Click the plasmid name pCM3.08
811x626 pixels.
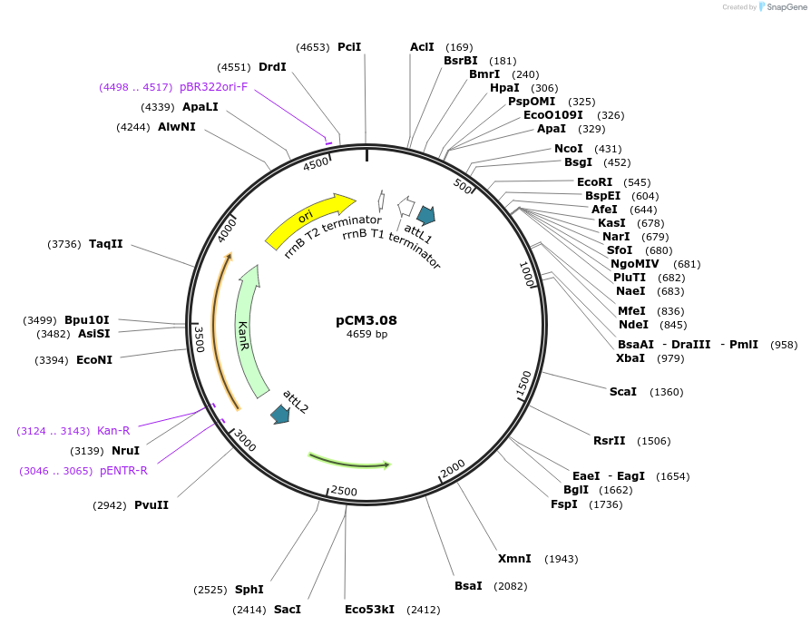pyautogui.click(x=366, y=320)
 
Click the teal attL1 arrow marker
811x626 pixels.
pyautogui.click(x=425, y=214)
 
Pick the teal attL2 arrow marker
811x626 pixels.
pyautogui.click(x=280, y=415)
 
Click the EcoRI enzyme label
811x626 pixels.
pyautogui.click(x=594, y=182)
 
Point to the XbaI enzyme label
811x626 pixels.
pyautogui.click(x=630, y=358)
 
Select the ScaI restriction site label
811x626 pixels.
pyautogui.click(x=623, y=392)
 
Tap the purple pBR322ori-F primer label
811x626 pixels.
pyautogui.click(x=213, y=87)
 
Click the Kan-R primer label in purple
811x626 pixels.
pyautogui.click(x=113, y=431)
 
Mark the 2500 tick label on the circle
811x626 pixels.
pyautogui.click(x=344, y=491)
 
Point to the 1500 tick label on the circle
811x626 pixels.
pyautogui.click(x=523, y=383)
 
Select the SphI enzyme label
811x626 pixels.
pyautogui.click(x=249, y=590)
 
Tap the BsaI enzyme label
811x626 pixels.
pyautogui.click(x=468, y=586)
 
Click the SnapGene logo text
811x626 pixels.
pyautogui.click(x=783, y=7)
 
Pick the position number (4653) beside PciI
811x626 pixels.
pyautogui.click(x=314, y=46)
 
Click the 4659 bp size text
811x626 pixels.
pyautogui.click(x=366, y=335)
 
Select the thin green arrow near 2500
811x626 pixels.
pyautogui.click(x=349, y=461)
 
